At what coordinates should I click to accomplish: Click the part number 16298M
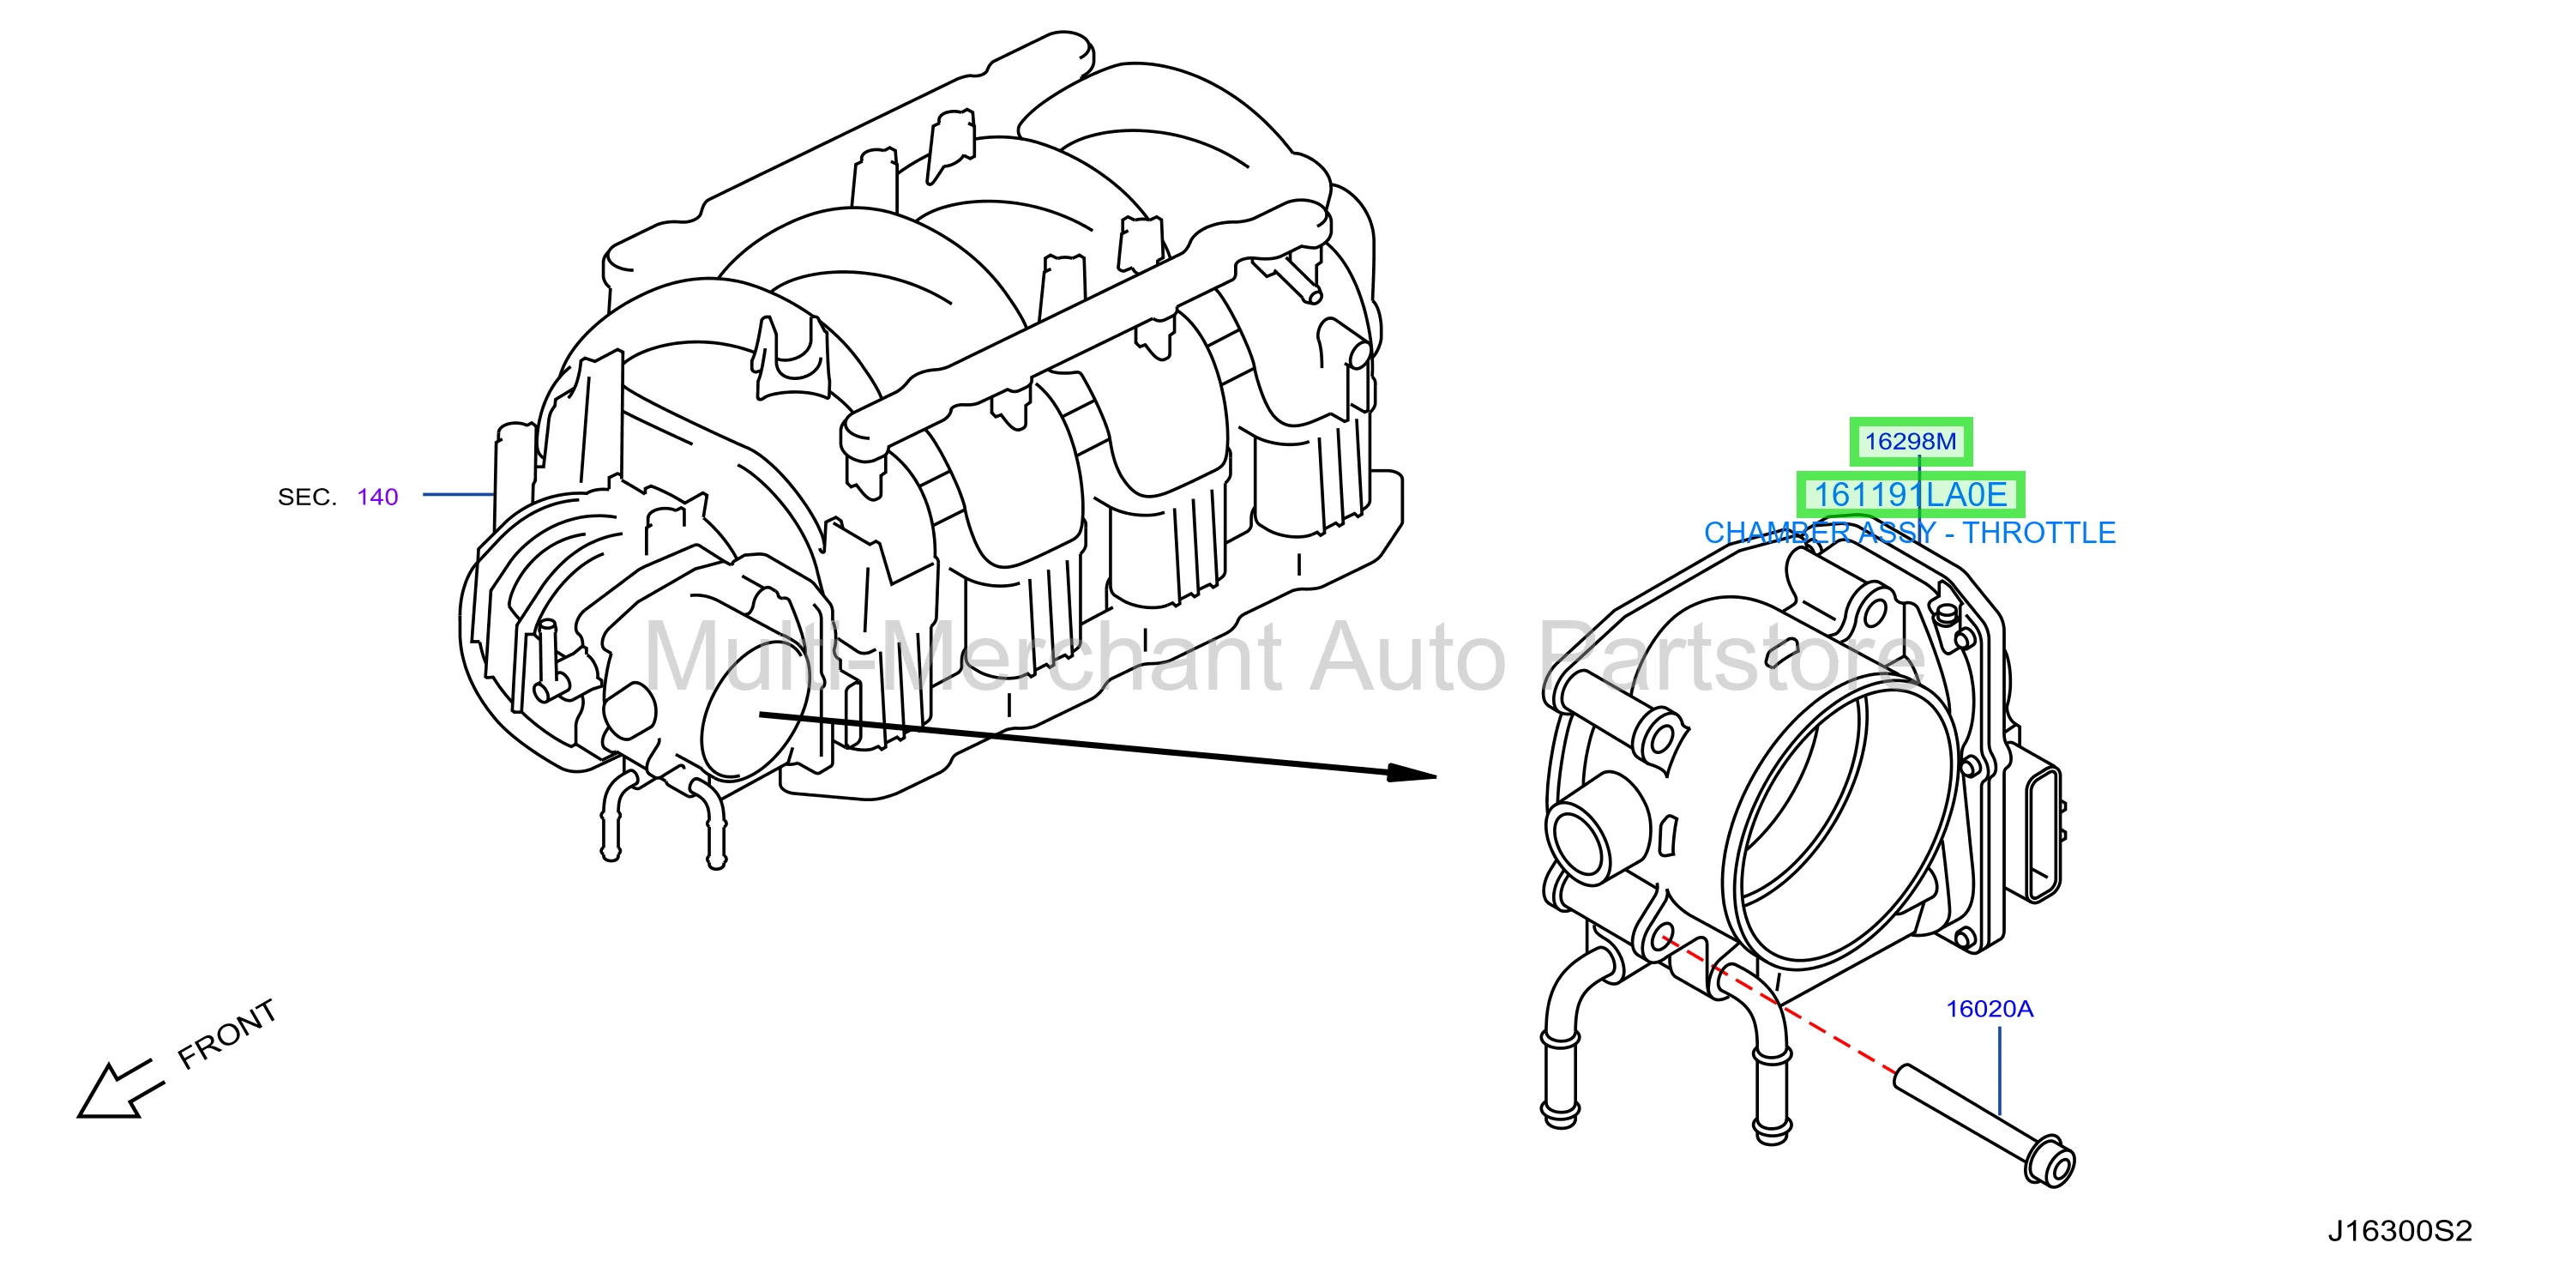click(x=1911, y=441)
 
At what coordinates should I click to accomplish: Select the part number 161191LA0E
click(x=1911, y=494)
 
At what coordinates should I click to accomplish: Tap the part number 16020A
click(x=1989, y=1009)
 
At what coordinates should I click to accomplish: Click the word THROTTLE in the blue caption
click(x=2039, y=534)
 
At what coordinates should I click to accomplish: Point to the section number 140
click(x=377, y=498)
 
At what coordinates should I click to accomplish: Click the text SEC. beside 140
click(x=307, y=498)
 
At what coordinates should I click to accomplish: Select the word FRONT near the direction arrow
click(x=226, y=1035)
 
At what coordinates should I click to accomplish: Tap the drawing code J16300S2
click(x=2399, y=1231)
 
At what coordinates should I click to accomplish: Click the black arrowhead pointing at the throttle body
click(x=1412, y=774)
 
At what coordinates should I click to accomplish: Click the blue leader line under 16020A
click(x=1999, y=1071)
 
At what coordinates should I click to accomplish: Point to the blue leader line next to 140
click(x=459, y=494)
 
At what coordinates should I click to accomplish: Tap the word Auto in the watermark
click(x=1407, y=658)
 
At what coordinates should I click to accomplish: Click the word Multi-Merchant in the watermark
click(x=963, y=656)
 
